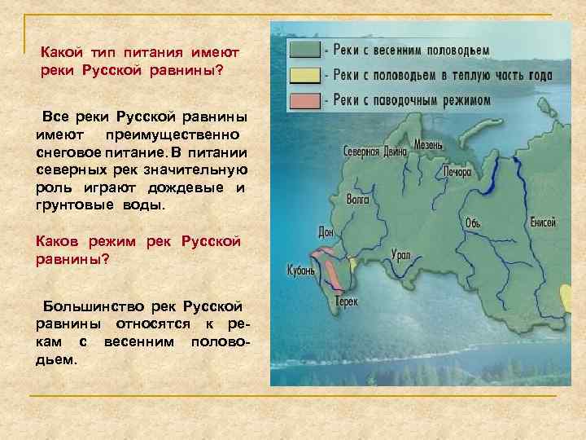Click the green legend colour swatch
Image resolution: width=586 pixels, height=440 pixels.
[304, 49]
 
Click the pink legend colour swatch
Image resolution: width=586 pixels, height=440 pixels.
[304, 100]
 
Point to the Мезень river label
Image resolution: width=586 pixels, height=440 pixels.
[427, 144]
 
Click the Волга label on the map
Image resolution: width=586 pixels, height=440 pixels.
[356, 196]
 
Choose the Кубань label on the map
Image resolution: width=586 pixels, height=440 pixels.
[300, 270]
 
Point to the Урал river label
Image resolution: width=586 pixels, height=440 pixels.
[400, 254]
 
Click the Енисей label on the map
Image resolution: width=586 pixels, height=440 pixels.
[543, 222]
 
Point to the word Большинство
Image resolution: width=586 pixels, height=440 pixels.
[94, 306]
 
